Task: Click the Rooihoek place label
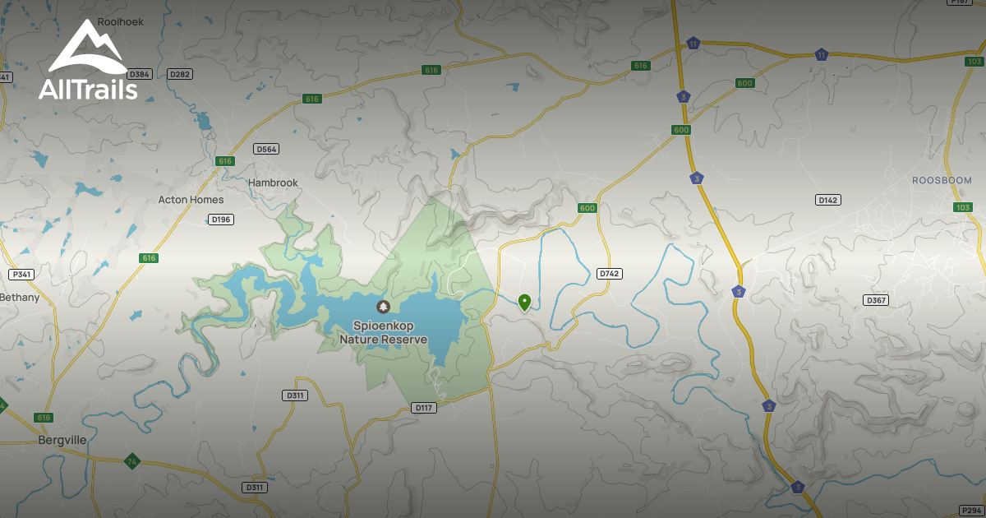120,22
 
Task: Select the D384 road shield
139,74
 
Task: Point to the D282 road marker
179,74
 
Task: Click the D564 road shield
266,149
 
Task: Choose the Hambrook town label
274,183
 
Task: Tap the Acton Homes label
191,200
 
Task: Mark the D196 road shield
221,220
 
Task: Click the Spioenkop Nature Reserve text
384,333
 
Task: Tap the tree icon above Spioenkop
383,307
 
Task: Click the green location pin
524,303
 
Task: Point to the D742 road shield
608,273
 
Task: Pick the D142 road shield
828,200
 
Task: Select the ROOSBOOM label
942,180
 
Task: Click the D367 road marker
876,300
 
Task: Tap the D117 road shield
423,407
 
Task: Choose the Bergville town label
62,440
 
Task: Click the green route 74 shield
131,460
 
